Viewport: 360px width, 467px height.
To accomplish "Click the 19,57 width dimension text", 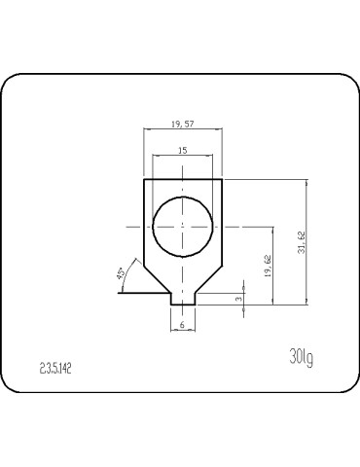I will (x=182, y=125).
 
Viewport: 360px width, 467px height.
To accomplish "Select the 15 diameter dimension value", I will (x=182, y=151).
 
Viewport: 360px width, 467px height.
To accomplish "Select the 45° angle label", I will (x=122, y=274).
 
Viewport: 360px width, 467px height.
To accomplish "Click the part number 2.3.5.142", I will (x=56, y=369).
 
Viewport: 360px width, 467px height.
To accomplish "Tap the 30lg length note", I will (x=301, y=357).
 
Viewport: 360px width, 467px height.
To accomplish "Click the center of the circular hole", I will (x=182, y=226).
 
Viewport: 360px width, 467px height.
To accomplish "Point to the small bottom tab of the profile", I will (x=182, y=299).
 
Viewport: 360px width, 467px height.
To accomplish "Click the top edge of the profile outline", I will (x=182, y=179).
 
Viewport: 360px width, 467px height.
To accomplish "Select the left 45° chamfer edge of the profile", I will (x=158, y=278).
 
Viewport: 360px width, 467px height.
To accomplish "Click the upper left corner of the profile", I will (x=144, y=179).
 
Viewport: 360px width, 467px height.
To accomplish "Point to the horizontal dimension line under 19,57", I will (x=182, y=131).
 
